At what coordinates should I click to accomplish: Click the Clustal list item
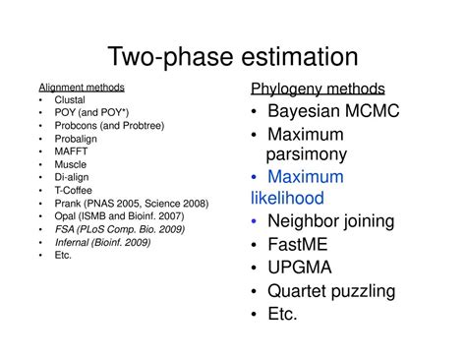pyautogui.click(x=71, y=100)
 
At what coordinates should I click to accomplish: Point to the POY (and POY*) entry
pyautogui.click(x=91, y=113)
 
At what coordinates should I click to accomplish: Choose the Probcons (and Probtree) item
pyautogui.click(x=109, y=126)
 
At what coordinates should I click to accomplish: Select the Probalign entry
pyautogui.click(x=77, y=139)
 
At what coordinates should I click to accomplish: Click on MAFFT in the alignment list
pyautogui.click(x=72, y=151)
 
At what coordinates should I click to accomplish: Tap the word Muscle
pyautogui.click(x=71, y=164)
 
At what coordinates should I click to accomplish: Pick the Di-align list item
pyautogui.click(x=73, y=177)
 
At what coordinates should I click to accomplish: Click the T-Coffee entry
pyautogui.click(x=75, y=190)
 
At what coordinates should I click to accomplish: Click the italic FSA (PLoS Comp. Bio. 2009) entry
pyautogui.click(x=120, y=228)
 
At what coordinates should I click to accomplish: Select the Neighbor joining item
pyautogui.click(x=331, y=221)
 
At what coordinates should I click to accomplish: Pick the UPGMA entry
pyautogui.click(x=300, y=267)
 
